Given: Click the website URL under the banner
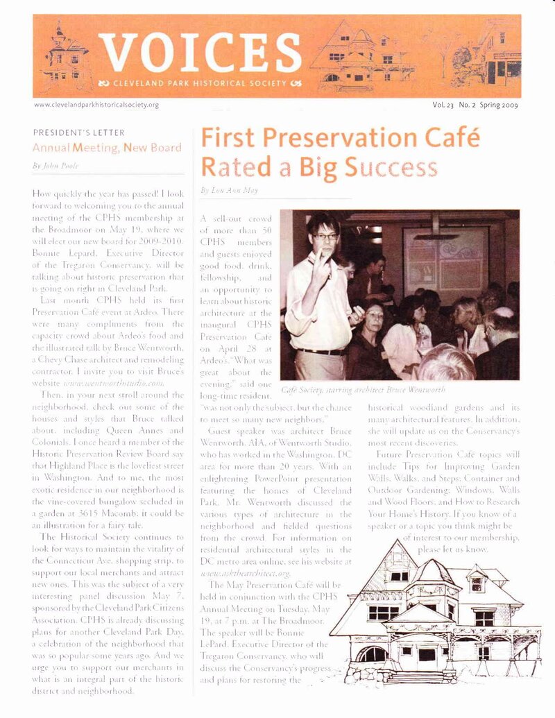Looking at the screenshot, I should click(96, 105).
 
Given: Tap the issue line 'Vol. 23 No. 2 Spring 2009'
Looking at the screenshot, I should click(475, 105).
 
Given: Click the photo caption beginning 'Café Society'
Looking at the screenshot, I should click(364, 391).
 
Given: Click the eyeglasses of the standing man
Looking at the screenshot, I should click(325, 237).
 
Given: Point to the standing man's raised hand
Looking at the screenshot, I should click(321, 263).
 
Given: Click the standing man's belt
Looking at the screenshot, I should click(321, 352).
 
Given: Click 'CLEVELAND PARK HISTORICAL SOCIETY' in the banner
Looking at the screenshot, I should click(200, 84).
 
